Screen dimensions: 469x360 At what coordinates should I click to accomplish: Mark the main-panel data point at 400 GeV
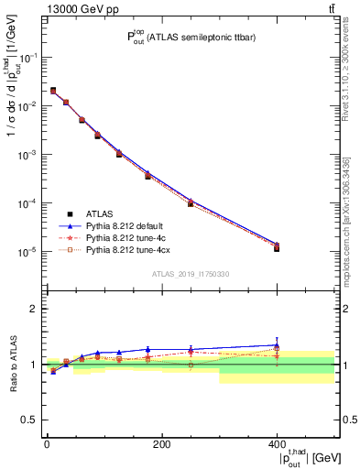277,247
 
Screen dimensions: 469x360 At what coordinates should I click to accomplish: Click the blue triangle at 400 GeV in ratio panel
277,345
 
